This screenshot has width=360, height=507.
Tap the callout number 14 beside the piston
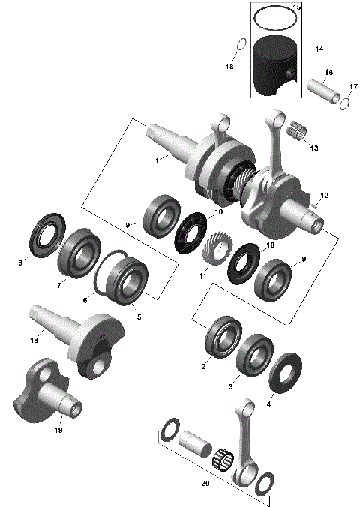319,49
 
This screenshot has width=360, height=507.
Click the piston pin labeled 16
323,87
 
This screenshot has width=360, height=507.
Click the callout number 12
325,195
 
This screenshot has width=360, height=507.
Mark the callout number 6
85,300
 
